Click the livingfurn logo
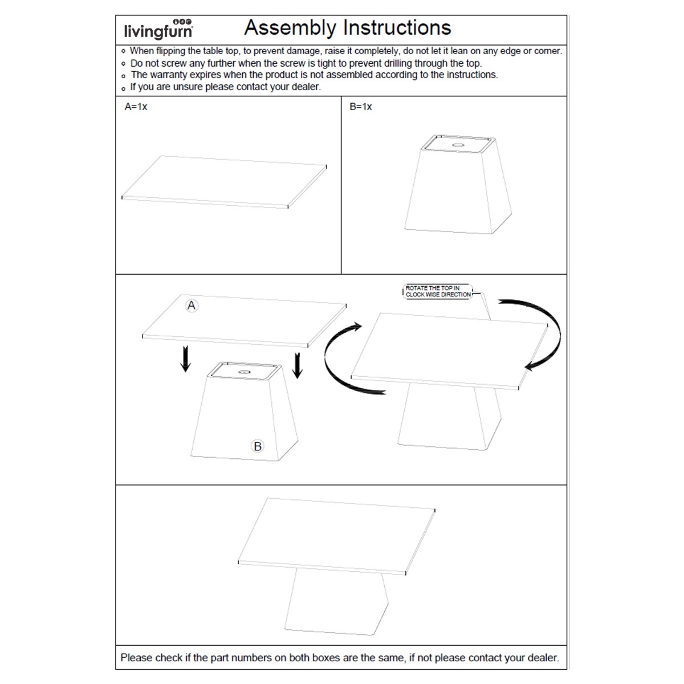point(158,28)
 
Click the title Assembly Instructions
point(348,27)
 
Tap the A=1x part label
point(136,107)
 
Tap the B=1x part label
point(360,107)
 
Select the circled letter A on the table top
point(192,306)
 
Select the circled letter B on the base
point(258,446)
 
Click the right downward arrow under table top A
point(297,365)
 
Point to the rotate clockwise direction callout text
point(438,291)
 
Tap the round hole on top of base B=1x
point(457,145)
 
